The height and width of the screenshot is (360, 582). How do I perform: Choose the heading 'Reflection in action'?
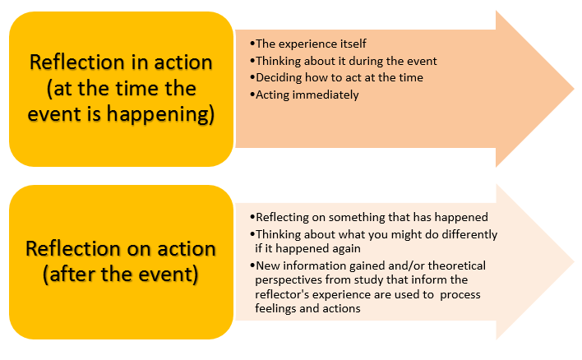(121, 62)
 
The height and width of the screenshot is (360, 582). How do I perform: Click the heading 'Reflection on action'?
(121, 248)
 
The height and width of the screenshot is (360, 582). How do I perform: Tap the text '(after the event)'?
(121, 274)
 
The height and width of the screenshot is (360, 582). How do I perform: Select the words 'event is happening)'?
(121, 113)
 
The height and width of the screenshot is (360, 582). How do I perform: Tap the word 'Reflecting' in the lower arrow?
(284, 218)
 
